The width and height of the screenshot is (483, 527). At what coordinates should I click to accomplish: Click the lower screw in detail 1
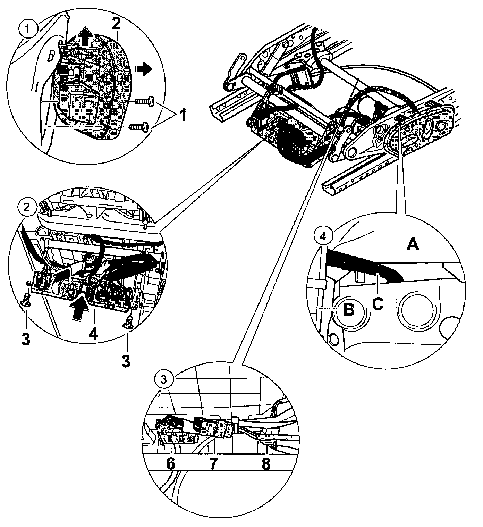(x=139, y=126)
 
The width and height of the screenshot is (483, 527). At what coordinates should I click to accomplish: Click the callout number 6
(x=171, y=464)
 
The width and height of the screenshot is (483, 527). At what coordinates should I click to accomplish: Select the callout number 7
(x=213, y=464)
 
